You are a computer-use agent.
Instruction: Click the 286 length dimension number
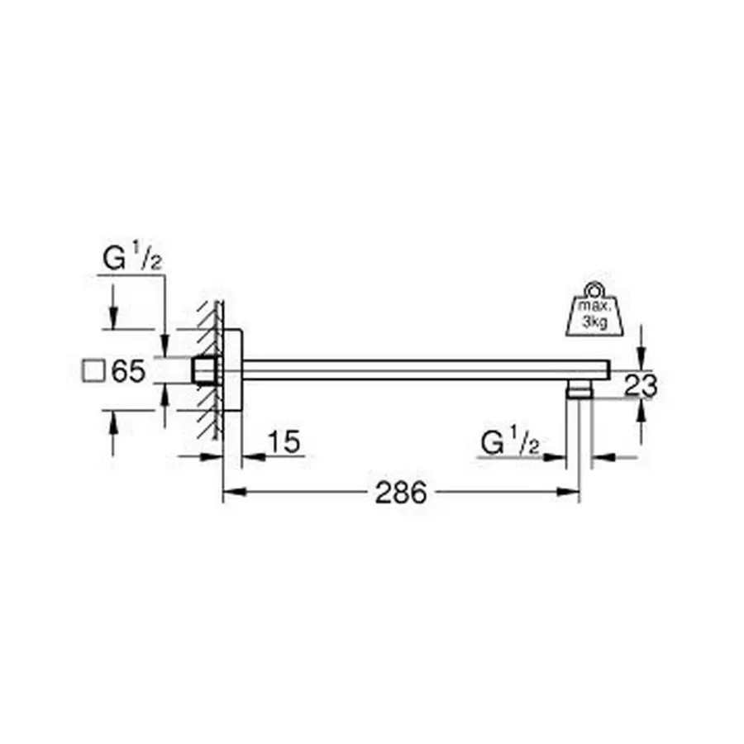pyautogui.click(x=401, y=492)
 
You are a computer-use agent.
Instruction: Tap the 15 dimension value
pyautogui.click(x=284, y=441)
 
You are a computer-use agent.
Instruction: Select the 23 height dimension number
pyautogui.click(x=641, y=384)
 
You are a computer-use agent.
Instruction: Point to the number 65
pyautogui.click(x=128, y=370)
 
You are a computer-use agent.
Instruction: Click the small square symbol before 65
pyautogui.click(x=93, y=370)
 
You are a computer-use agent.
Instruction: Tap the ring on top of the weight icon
pyautogui.click(x=594, y=289)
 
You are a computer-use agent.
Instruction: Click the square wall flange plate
pyautogui.click(x=232, y=370)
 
